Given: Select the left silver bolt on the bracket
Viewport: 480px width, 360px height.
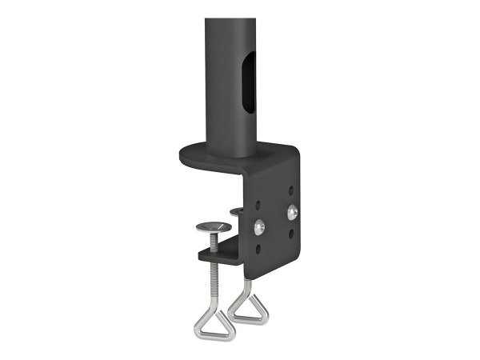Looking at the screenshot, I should pyautogui.click(x=258, y=228).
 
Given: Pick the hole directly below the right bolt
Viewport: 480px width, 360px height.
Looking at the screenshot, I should pyautogui.click(x=294, y=232).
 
